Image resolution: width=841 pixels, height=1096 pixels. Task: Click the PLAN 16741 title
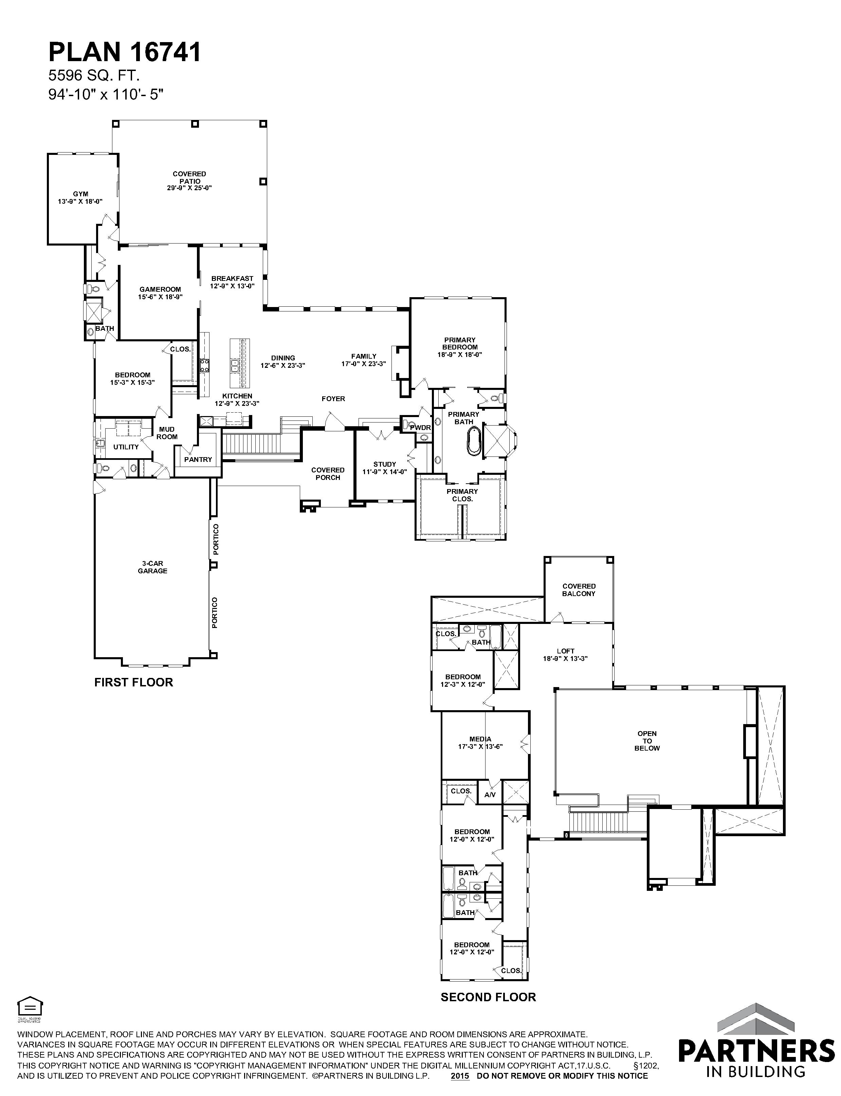[x=125, y=52]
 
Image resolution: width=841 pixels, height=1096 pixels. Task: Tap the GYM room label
[x=80, y=198]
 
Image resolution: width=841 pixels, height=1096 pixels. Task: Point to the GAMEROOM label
[x=160, y=293]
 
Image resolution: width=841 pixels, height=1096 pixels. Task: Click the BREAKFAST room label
[x=232, y=282]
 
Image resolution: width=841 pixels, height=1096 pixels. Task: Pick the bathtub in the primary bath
[x=473, y=439]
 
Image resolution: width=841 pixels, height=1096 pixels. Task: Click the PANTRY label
[x=198, y=459]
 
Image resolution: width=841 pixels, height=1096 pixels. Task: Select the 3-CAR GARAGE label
[x=153, y=567]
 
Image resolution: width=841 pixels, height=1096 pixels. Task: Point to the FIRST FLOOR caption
[x=134, y=682]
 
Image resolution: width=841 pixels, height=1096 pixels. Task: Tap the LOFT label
[x=565, y=654]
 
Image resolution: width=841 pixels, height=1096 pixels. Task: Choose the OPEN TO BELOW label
[x=647, y=740]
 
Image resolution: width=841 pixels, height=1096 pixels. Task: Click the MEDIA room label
[x=480, y=742]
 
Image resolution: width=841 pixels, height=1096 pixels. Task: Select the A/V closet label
[x=490, y=794]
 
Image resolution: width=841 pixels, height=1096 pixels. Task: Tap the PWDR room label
[x=420, y=428]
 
